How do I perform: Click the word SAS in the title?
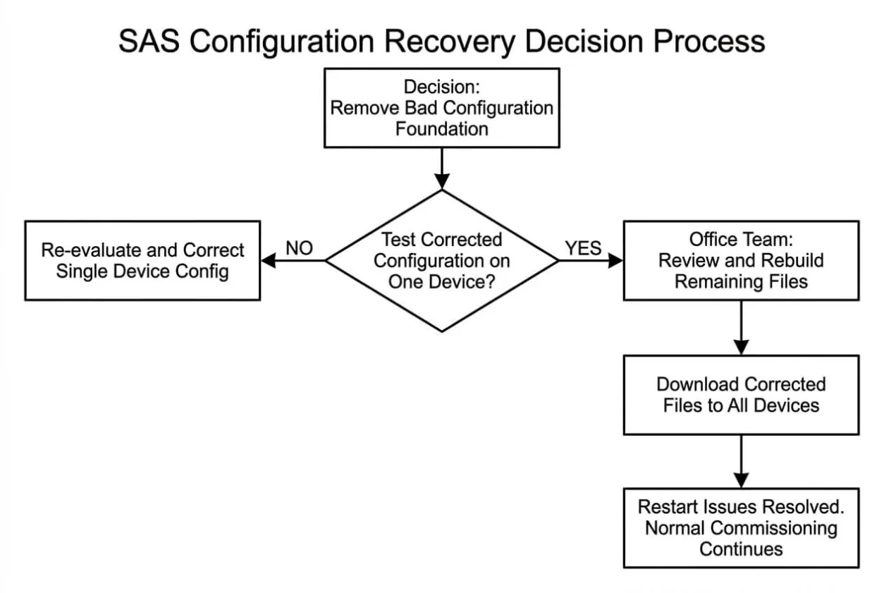click(149, 41)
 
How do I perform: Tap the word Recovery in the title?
click(450, 42)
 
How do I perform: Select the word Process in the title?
click(709, 41)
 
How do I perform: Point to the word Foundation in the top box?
click(441, 129)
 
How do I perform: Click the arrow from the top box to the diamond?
click(441, 169)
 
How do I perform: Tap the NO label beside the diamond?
click(299, 248)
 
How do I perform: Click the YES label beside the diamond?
click(583, 248)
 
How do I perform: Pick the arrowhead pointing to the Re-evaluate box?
click(269, 261)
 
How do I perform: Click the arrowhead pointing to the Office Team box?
click(615, 261)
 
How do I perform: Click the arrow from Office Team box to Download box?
click(741, 328)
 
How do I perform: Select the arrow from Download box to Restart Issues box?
click(741, 462)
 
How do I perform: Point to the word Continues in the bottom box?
click(741, 549)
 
